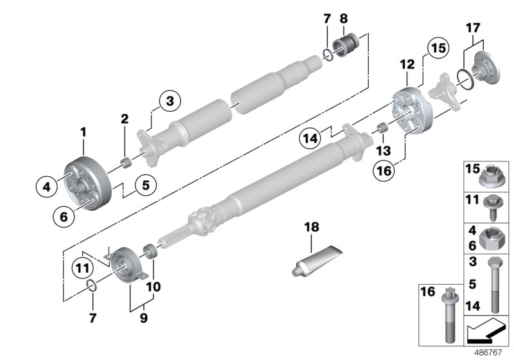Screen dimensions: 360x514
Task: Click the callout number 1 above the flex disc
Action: click(x=83, y=132)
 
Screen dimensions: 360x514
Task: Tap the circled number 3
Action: click(x=170, y=101)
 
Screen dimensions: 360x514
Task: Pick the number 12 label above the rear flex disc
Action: click(x=406, y=65)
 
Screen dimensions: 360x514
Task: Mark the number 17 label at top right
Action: click(x=472, y=28)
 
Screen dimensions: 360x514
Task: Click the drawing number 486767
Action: click(x=493, y=353)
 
